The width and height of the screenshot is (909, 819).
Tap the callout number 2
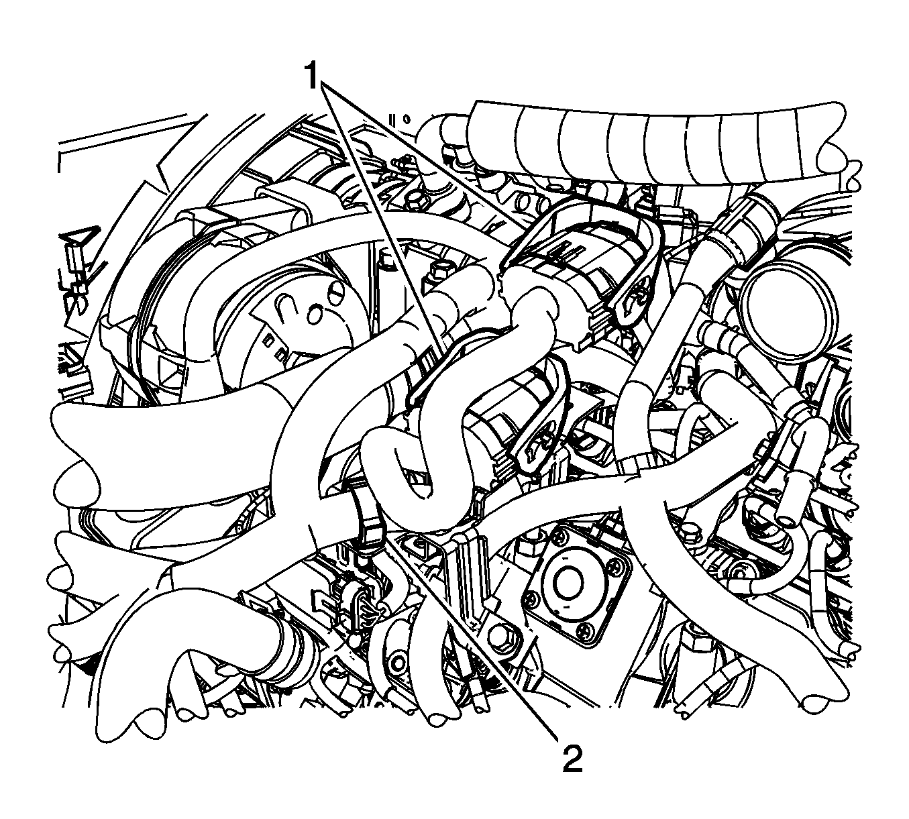coord(572,755)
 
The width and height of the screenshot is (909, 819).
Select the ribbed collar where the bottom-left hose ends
coord(290,644)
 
